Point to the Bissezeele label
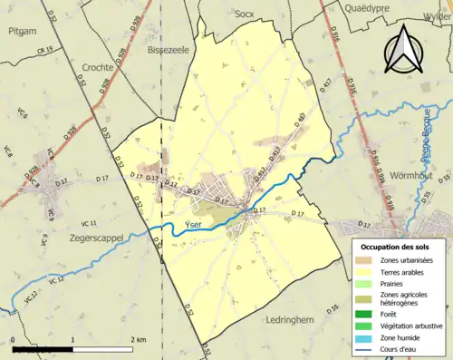167,51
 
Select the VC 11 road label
88,222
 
